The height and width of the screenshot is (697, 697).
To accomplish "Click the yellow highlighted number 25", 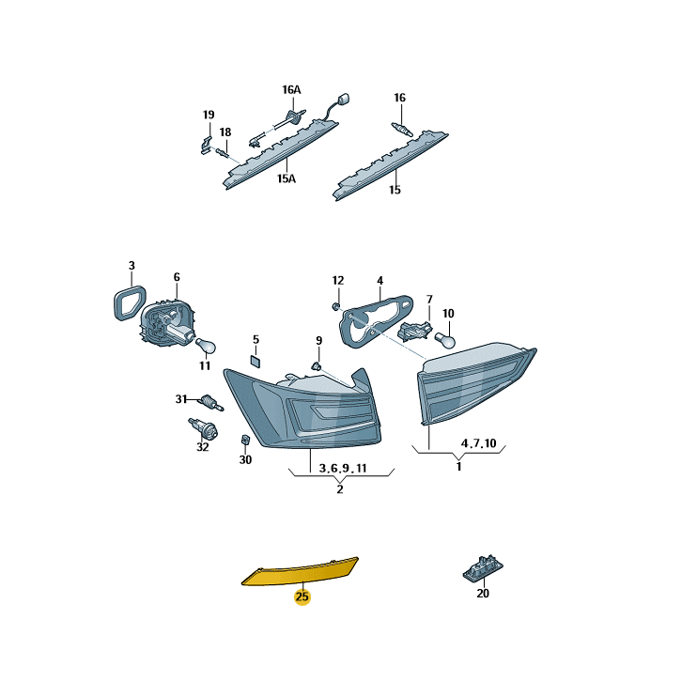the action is [x=302, y=596].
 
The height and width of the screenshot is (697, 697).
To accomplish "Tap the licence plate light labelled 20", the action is [x=483, y=567].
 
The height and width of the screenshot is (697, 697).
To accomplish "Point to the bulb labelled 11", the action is [x=207, y=346].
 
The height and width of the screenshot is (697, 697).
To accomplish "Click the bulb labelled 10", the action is [x=445, y=340].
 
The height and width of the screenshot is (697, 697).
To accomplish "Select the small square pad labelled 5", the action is [x=256, y=361].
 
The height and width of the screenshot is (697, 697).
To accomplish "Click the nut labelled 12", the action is [x=336, y=306].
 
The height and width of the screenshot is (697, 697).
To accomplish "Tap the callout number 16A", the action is [x=291, y=90].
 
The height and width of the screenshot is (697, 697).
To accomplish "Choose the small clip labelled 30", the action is [x=245, y=440].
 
